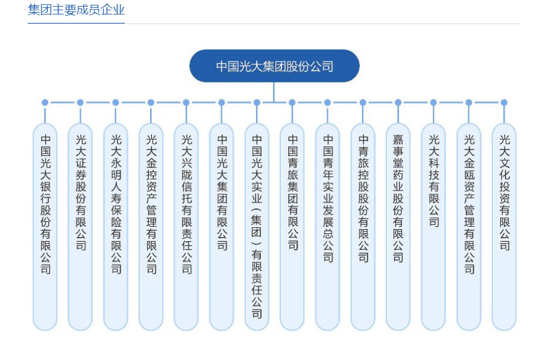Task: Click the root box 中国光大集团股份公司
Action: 274,66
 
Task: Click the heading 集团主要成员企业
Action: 76,10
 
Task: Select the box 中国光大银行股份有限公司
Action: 45,226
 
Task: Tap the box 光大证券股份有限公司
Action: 80,226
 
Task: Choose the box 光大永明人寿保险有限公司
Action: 116,226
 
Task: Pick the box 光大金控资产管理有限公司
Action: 151,226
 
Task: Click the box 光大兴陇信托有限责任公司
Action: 186,226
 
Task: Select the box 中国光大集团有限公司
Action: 221,226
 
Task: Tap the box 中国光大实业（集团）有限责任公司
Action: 257,226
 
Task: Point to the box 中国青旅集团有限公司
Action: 292,226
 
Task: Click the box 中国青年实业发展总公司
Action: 327,226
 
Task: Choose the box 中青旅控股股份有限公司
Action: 363,226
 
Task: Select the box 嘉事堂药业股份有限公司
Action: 398,226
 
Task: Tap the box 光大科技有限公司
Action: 433,226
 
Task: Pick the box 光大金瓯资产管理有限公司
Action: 469,226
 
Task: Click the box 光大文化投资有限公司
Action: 504,226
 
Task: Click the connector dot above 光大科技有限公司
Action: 433,103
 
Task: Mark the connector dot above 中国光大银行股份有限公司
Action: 45,103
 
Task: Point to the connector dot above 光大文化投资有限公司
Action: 504,103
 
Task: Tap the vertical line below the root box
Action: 274,92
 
